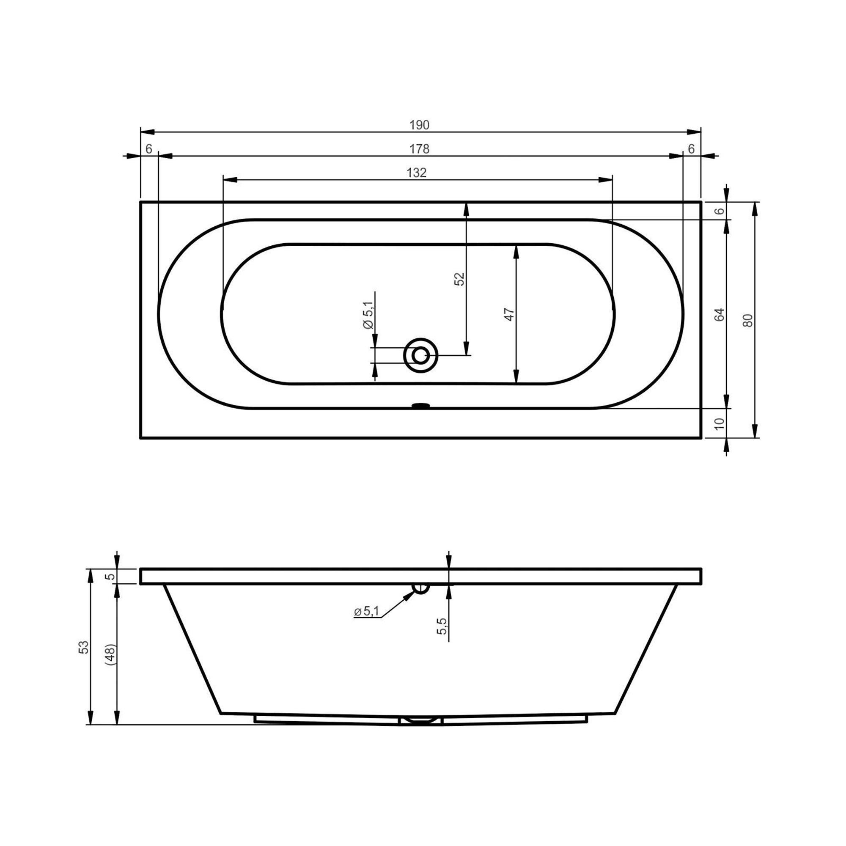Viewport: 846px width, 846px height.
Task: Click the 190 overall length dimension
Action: tap(419, 125)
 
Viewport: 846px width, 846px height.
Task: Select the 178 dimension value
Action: tap(419, 149)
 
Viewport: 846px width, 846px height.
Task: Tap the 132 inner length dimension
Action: tap(416, 173)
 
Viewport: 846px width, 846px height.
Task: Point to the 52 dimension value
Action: tap(459, 279)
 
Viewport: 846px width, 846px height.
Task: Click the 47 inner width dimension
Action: tap(509, 314)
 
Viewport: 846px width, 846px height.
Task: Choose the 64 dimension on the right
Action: tap(720, 315)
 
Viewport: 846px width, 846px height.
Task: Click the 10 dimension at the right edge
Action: tap(720, 423)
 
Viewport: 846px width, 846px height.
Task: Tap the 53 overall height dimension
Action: tap(83, 647)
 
